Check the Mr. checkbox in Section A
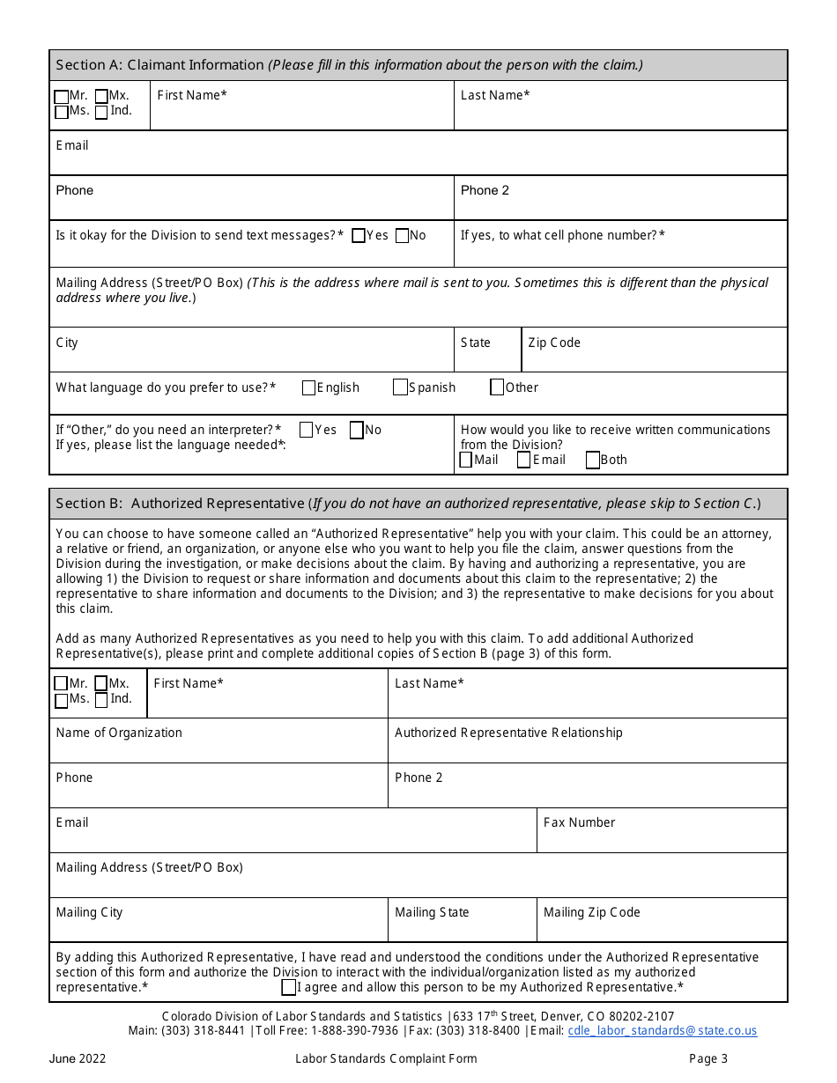point(61,96)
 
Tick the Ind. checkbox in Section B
point(101,700)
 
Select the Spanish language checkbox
point(401,387)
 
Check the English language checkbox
point(309,387)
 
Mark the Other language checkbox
point(497,387)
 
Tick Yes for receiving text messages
point(359,236)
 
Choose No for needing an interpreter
point(357,431)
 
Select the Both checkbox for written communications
point(593,460)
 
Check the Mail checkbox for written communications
point(466,460)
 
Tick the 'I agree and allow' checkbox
point(288,988)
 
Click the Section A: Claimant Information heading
point(159,65)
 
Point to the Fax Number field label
point(579,822)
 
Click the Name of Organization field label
point(119,733)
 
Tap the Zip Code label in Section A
point(554,343)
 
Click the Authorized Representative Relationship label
point(508,733)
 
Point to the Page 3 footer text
point(708,1058)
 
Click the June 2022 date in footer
point(78,1058)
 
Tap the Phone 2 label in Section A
point(485,190)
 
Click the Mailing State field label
point(432,912)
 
